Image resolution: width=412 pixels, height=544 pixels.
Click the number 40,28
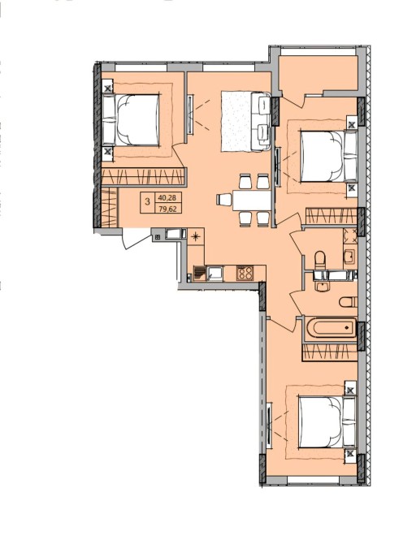pyautogui.click(x=167, y=198)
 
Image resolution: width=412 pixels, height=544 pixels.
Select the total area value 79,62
pyautogui.click(x=167, y=209)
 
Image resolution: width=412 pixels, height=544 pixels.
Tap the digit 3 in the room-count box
pyautogui.click(x=148, y=201)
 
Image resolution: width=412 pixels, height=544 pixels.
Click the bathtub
pyautogui.click(x=332, y=327)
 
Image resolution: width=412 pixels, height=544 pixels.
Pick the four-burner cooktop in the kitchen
pyautogui.click(x=245, y=273)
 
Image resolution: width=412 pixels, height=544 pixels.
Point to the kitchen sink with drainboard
pyautogui.click(x=208, y=273)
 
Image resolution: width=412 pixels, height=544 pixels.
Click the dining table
pyautogui.click(x=251, y=201)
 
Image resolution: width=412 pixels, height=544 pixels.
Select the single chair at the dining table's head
pyautogui.click(x=223, y=200)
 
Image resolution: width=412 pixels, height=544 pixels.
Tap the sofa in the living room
pyautogui.click(x=261, y=121)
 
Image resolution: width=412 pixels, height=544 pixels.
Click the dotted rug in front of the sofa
pyautogui.click(x=236, y=121)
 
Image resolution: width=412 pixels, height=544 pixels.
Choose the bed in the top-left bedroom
pyautogui.click(x=132, y=119)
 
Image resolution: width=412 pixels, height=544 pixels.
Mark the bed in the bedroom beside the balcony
pyautogui.click(x=328, y=156)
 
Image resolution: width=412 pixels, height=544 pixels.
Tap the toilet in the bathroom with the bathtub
pyautogui.click(x=348, y=302)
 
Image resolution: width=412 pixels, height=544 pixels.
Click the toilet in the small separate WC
pyautogui.click(x=320, y=259)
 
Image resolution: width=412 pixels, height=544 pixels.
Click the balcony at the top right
pyautogui.click(x=319, y=73)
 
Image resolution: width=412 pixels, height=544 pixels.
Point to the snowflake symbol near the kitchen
pyautogui.click(x=196, y=237)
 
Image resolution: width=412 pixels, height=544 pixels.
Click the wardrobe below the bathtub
pyautogui.click(x=330, y=352)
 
